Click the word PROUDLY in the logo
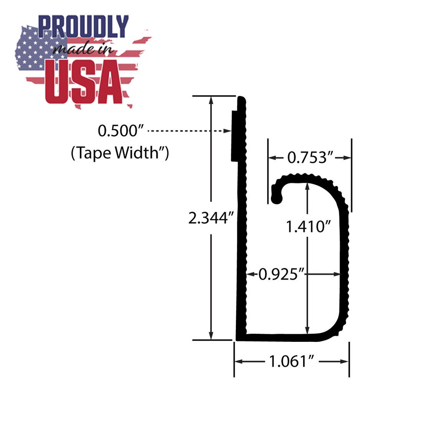point(83,27)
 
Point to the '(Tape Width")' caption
point(120,153)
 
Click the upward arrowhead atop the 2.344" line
point(211,99)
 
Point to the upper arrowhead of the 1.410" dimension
point(307,186)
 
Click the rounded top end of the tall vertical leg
point(241,99)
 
